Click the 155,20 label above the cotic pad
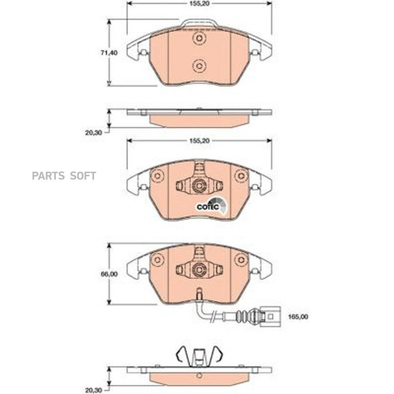(x=199, y=141)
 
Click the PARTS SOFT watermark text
(x=63, y=176)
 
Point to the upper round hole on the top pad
(x=199, y=38)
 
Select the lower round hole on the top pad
(x=199, y=66)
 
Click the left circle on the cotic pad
(x=156, y=176)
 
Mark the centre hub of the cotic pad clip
(x=199, y=186)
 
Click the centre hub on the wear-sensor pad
(x=199, y=269)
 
